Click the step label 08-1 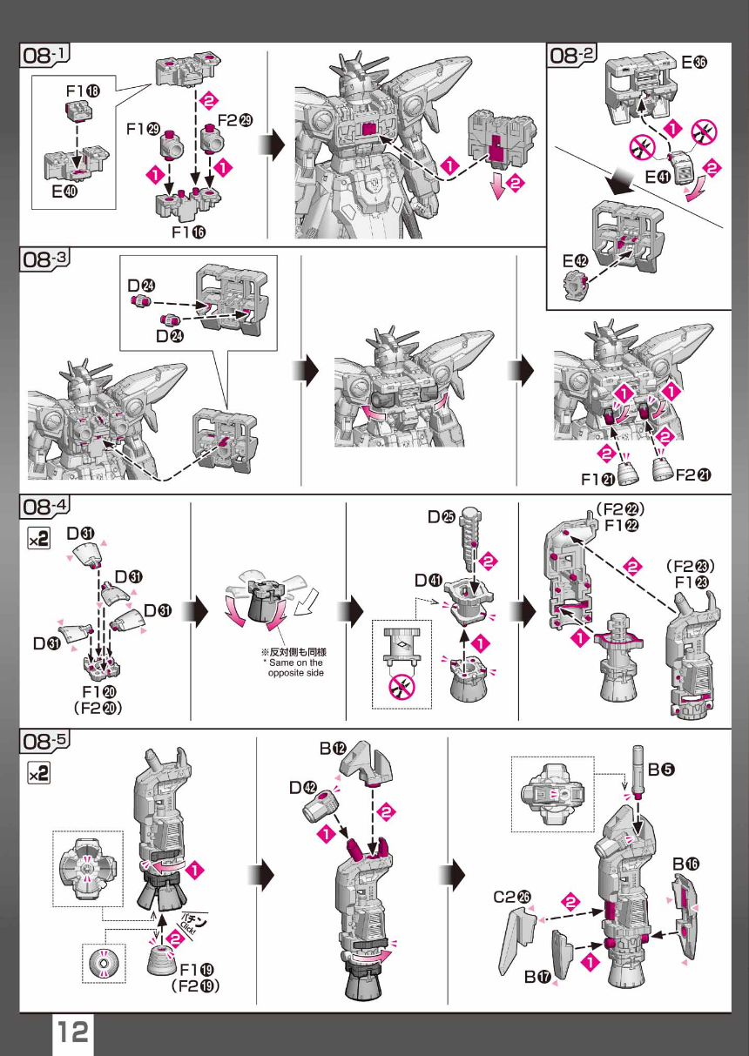point(44,54)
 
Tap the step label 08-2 point(571,54)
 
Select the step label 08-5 point(44,741)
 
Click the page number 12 point(72,1032)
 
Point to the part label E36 point(694,62)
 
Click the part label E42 point(576,260)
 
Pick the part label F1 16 point(188,232)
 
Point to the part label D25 point(441,517)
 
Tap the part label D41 point(428,581)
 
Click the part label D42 point(303,787)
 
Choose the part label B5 point(661,770)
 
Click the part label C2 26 point(512,896)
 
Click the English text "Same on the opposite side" point(294,668)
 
